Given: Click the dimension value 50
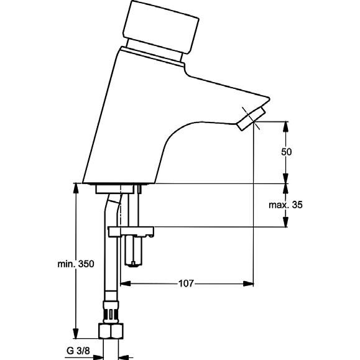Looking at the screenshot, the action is (286, 152).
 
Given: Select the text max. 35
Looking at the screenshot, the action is (285, 205).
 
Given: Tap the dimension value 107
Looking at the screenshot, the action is (186, 284).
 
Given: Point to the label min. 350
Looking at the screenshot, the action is (76, 264).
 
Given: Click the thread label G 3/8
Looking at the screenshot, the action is (78, 351).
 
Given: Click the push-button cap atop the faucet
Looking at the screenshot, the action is (160, 25).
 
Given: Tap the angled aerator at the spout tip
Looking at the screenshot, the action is (251, 119).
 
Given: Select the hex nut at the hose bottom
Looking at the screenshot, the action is (111, 331).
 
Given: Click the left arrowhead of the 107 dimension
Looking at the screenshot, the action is (126, 284).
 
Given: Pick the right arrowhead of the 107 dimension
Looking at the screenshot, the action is (249, 284).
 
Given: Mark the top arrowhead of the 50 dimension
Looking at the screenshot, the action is (285, 126).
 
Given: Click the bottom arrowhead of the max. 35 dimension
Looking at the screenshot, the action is (285, 222).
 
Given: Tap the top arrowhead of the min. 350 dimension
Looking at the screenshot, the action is (75, 189).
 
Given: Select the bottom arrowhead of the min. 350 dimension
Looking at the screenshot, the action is (75, 333).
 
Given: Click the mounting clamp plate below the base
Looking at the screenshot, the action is (131, 231).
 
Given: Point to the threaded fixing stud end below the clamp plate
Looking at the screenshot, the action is (134, 251).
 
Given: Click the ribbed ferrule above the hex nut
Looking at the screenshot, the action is (111, 312).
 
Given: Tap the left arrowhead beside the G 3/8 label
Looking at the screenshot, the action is (98, 358).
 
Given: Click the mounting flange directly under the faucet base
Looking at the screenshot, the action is (115, 189).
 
